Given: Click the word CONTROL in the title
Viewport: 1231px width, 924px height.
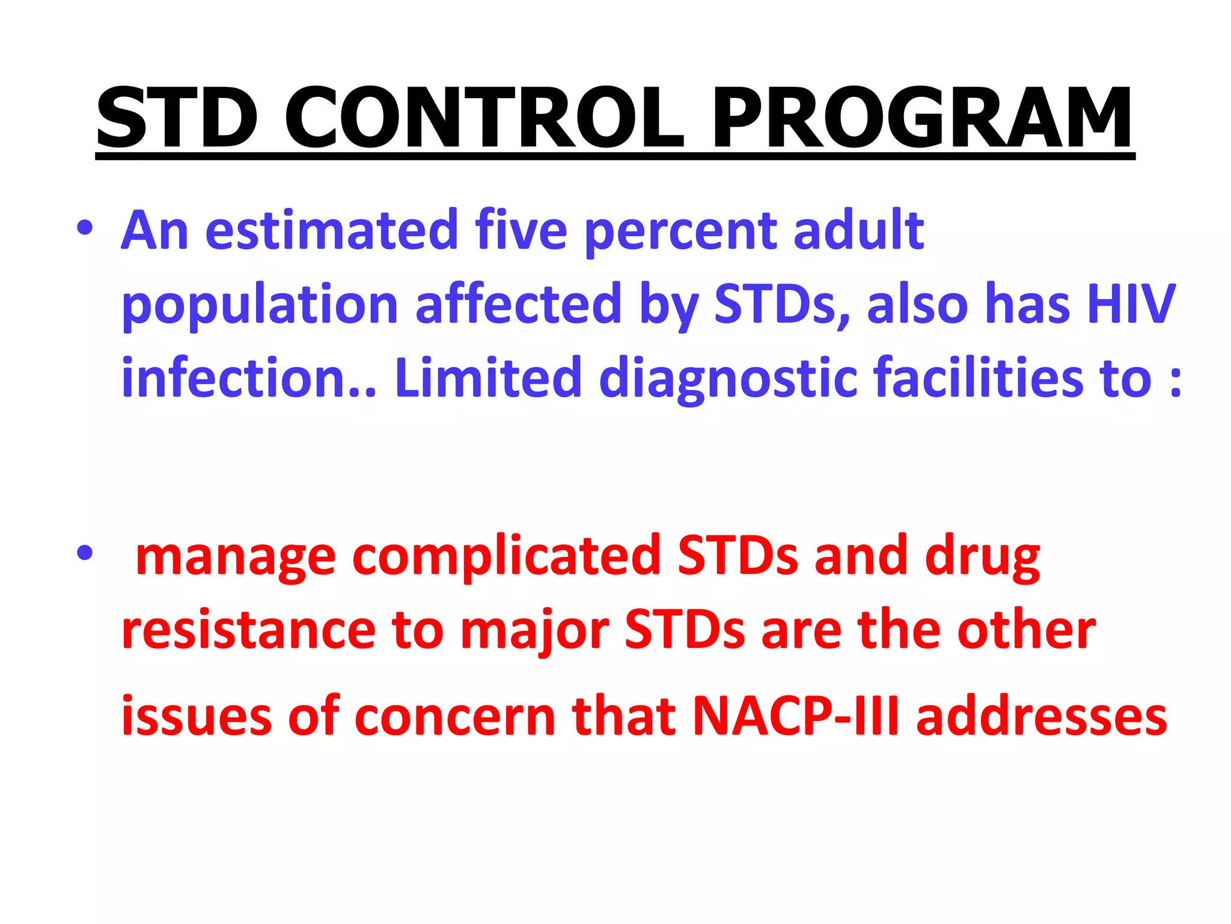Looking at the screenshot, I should [484, 118].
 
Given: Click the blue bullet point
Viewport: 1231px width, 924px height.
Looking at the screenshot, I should [85, 228].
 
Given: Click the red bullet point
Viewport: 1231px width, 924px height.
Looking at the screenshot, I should [85, 552].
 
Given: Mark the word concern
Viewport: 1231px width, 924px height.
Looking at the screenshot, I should [455, 718].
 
